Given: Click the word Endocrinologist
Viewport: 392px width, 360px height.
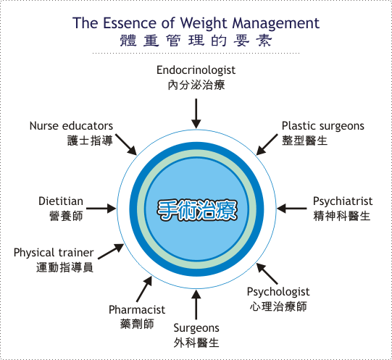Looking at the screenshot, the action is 196,70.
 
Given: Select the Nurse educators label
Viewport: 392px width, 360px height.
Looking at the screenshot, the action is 71,126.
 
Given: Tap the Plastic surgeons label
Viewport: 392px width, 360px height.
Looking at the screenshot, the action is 323,126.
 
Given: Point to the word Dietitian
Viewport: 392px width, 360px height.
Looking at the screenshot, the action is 61,201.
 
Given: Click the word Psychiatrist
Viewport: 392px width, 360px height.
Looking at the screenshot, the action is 343,201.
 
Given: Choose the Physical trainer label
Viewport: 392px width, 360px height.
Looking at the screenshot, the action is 54,253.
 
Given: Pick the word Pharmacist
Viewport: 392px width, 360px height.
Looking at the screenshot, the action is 137,310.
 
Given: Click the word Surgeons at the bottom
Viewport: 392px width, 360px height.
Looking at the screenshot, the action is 196,328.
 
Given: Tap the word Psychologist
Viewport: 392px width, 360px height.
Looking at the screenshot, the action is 278,292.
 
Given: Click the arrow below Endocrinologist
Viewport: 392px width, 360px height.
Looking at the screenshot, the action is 196,114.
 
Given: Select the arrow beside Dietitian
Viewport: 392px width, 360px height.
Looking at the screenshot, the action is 101,209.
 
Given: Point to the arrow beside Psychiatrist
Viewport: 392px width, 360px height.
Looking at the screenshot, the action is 292,209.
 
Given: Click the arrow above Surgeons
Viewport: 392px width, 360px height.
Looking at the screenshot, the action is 196,304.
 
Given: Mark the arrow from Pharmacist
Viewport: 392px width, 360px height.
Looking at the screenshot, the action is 144,289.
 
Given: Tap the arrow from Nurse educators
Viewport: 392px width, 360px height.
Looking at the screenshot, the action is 126,144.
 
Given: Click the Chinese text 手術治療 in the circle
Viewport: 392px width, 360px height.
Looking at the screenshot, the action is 197,210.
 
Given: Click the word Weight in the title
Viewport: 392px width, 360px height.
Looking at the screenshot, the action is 204,23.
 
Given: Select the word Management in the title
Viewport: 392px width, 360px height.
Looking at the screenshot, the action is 276,23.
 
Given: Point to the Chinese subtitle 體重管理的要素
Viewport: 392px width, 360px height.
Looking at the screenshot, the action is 196,41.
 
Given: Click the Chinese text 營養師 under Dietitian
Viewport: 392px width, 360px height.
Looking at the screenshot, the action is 66,216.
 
